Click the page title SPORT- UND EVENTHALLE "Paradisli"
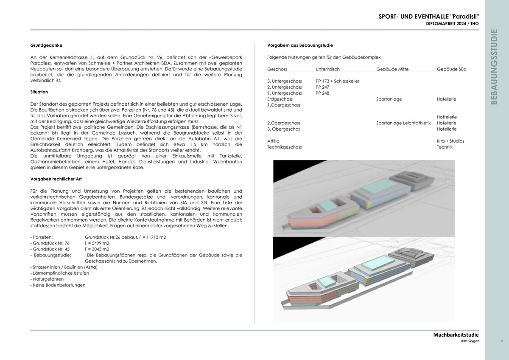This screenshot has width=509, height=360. click(x=428, y=17)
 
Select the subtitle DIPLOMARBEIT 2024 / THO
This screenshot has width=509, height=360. click(x=453, y=24)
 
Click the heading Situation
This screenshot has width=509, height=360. click(x=39, y=92)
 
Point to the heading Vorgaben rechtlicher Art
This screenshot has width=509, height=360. click(x=53, y=179)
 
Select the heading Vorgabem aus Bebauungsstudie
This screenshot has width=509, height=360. click(x=299, y=45)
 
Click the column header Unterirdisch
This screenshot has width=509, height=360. click(x=327, y=69)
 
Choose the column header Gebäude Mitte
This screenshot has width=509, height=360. click(x=392, y=69)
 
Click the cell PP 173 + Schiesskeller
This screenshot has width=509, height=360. click(x=337, y=81)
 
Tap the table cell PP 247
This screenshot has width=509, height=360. click(x=322, y=87)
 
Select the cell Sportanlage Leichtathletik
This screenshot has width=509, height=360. click(x=403, y=123)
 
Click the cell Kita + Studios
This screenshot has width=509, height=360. click(x=450, y=141)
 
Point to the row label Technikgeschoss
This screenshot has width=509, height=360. click(x=284, y=147)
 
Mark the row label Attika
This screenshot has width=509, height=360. click(x=273, y=141)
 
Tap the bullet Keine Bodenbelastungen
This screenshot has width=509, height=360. click(x=59, y=285)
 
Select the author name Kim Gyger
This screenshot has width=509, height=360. click(x=470, y=341)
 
